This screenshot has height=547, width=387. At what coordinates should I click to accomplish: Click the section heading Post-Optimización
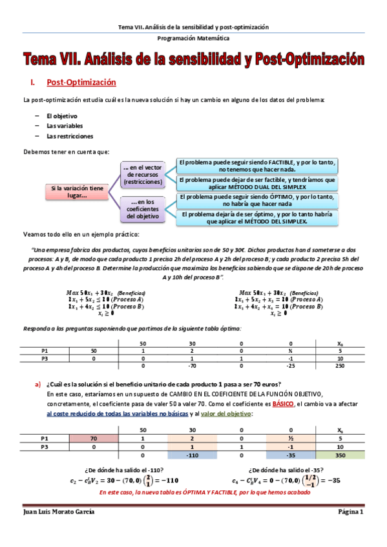81,83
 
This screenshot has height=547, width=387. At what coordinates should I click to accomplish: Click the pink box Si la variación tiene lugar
77,192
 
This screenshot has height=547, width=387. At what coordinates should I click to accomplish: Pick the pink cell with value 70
94,438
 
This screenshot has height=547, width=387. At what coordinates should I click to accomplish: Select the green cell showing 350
340,455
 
